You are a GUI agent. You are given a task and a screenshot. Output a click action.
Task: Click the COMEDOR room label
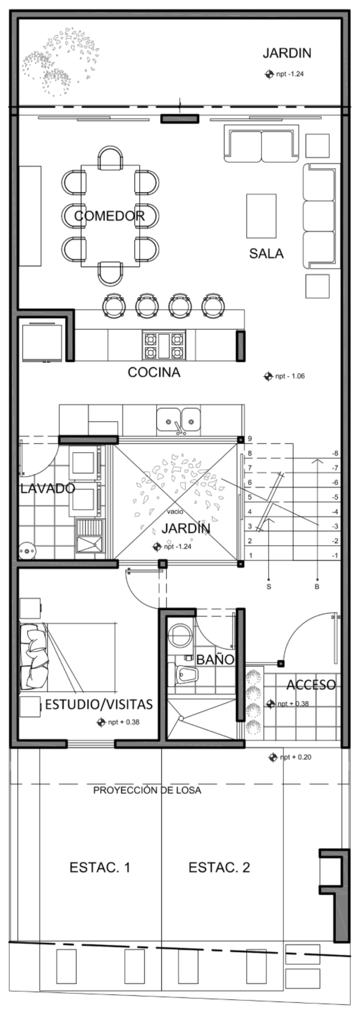pos(109,216)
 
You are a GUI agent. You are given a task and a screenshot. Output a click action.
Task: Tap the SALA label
pos(266,253)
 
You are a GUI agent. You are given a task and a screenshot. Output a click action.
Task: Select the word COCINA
pos(154,372)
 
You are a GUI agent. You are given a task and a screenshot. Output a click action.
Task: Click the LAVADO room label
pos(48,488)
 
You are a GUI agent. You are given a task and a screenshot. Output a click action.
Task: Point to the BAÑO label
pos(215,659)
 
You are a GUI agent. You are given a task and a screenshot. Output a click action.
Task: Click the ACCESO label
pos(311,685)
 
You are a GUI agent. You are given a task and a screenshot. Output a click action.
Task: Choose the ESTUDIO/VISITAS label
pos(99,704)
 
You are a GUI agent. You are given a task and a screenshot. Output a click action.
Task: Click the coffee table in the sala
pos(261,216)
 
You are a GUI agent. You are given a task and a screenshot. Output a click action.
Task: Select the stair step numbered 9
pos(250,439)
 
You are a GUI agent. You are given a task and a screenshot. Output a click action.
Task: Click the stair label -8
pos(335,453)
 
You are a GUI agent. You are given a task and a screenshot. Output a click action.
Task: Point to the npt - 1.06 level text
pos(290,376)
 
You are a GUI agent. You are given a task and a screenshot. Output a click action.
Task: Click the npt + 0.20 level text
pos(295,757)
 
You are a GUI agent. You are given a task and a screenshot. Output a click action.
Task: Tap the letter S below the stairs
pos(269,586)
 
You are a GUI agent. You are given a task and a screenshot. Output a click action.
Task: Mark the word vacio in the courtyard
pos(175,511)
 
